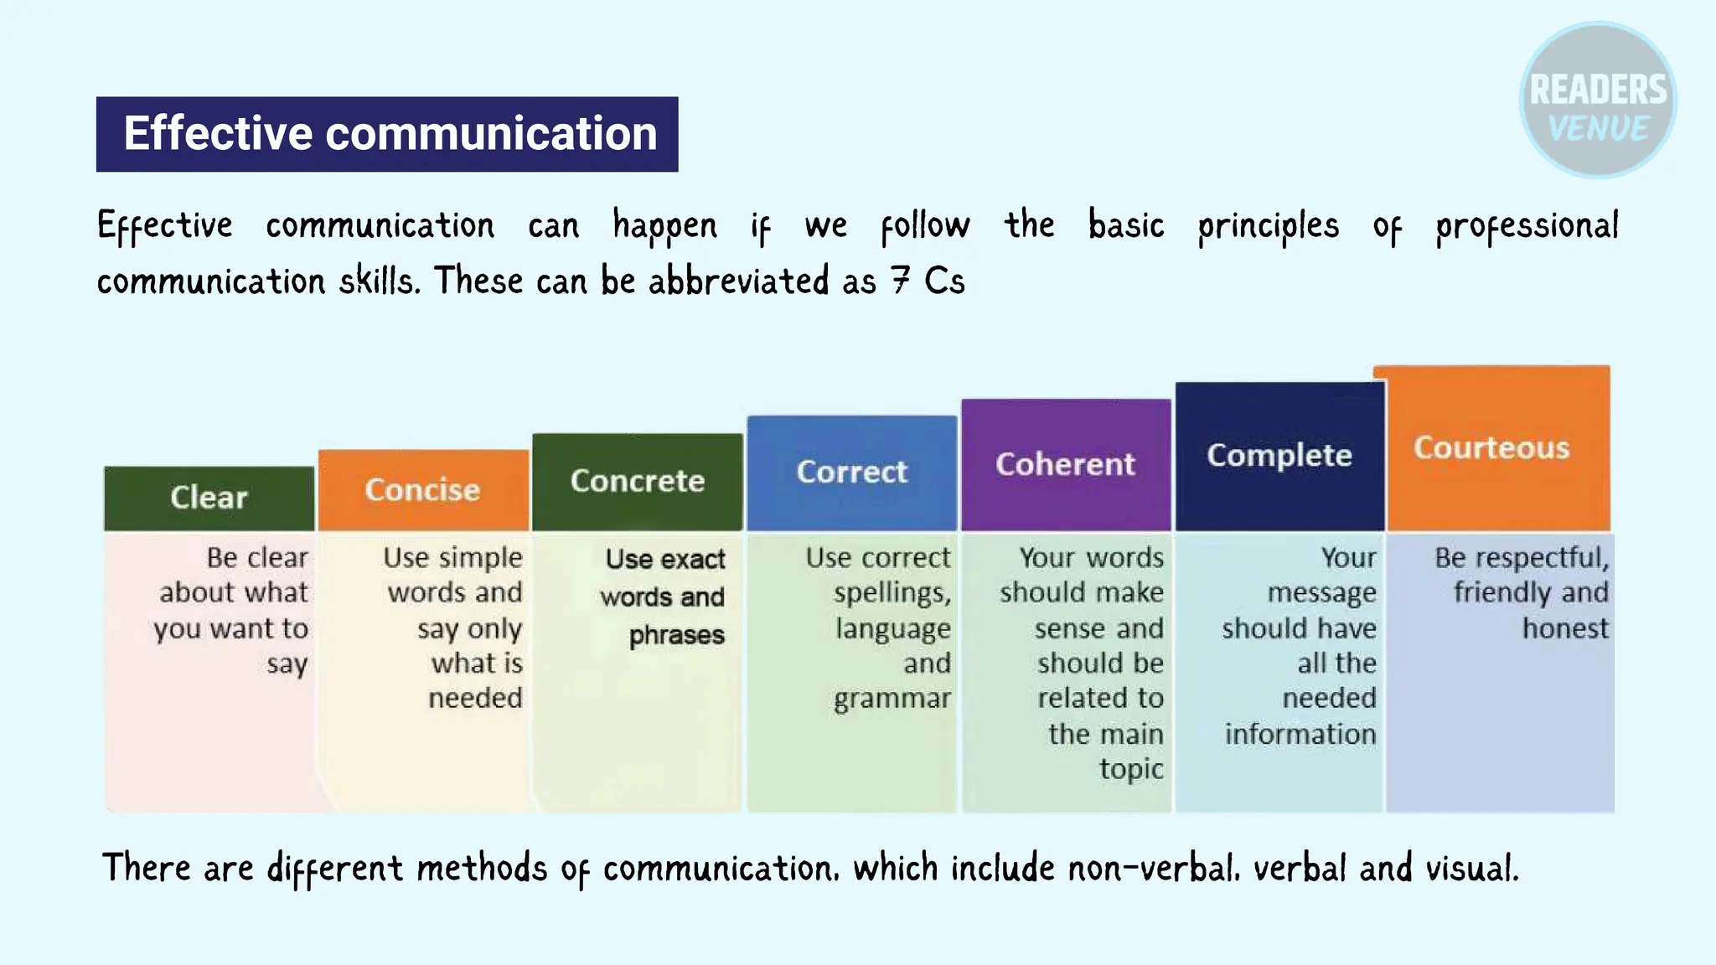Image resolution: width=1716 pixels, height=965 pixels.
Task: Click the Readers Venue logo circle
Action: [x=1598, y=100]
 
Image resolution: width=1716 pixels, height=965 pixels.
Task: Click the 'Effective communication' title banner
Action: [x=387, y=134]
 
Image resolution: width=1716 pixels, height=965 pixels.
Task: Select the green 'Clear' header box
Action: [x=209, y=498]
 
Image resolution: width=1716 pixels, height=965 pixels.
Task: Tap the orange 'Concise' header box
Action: [x=423, y=489]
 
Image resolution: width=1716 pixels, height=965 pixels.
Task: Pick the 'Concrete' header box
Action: [x=638, y=481]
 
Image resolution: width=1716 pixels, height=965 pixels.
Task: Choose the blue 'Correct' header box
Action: [x=851, y=472]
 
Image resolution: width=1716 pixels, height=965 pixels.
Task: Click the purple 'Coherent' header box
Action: [x=1065, y=464]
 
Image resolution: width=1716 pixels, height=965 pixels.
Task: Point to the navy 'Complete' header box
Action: [x=1279, y=456]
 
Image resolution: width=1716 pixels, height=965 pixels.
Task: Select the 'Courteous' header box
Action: [x=1492, y=447]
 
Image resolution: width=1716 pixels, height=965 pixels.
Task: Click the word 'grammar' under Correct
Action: [x=892, y=699]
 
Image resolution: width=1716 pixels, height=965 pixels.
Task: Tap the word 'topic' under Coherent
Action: [x=1131, y=769]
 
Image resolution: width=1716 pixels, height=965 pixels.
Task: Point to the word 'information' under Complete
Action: [x=1300, y=734]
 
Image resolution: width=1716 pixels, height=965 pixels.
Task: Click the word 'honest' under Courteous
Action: [x=1565, y=628]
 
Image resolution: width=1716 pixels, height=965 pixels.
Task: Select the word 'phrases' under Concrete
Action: [x=676, y=636]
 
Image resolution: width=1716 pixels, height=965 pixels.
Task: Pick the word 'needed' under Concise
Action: [x=475, y=698]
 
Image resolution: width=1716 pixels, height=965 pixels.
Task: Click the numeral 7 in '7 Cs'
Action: [x=901, y=281]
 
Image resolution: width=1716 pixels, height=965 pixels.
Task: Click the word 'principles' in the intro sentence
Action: [x=1268, y=226]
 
